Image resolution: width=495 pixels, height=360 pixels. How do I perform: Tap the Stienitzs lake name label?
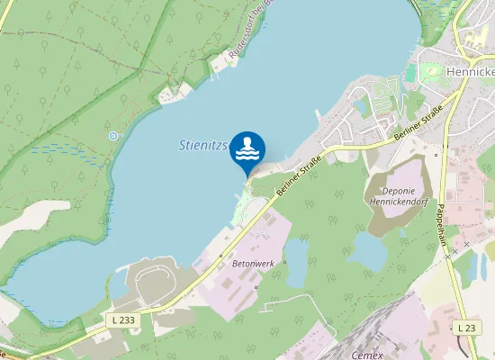[x=204, y=144]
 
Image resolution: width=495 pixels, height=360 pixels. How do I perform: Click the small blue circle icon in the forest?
[x=113, y=136]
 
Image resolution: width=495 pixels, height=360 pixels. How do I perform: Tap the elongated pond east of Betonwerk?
[x=297, y=262]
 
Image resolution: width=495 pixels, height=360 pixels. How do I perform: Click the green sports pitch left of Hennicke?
[x=411, y=73]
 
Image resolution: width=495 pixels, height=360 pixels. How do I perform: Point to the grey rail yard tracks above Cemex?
[x=360, y=319]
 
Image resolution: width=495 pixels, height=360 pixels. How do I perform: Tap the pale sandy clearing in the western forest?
[x=27, y=217]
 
